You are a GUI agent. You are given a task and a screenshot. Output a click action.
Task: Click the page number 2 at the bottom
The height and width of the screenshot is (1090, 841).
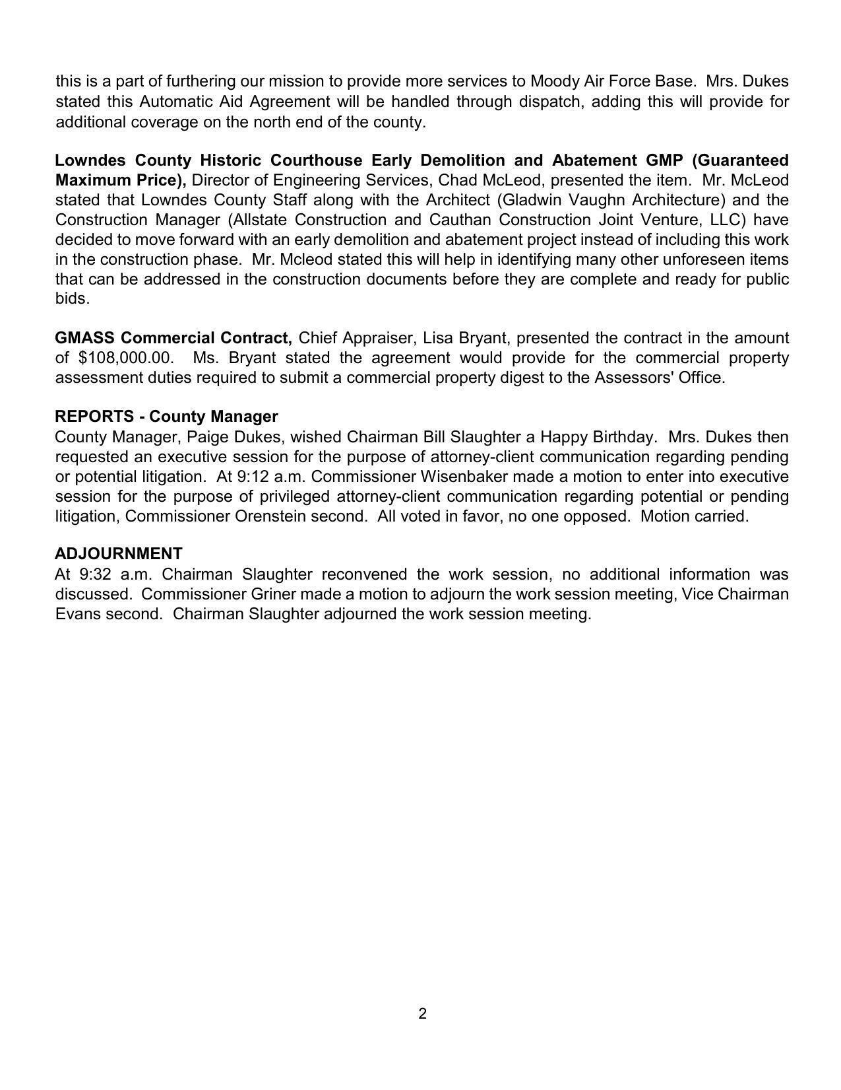[x=422, y=1013]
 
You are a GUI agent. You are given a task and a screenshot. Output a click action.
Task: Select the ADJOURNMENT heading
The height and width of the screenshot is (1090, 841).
[x=119, y=553]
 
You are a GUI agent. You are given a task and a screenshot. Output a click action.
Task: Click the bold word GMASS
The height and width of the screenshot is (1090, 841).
[x=85, y=338]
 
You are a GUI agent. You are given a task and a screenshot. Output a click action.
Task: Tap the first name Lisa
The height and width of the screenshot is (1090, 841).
[x=437, y=338]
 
